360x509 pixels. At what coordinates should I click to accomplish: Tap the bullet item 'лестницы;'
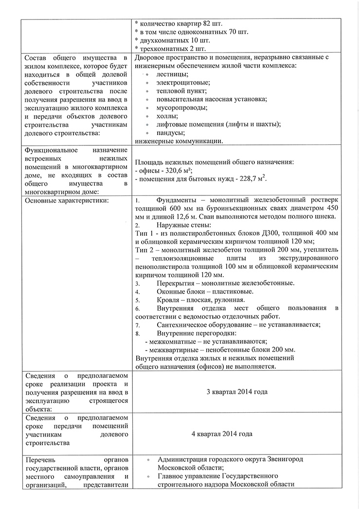173,74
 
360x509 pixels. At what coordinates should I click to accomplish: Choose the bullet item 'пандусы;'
170,133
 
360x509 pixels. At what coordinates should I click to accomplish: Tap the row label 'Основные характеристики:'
67,200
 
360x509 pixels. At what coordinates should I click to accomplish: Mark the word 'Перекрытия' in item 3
177,283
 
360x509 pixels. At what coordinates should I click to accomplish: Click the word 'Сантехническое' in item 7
184,325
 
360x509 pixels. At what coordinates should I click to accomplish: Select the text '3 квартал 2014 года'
237,392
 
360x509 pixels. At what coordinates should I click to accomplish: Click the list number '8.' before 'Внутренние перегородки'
138,333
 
